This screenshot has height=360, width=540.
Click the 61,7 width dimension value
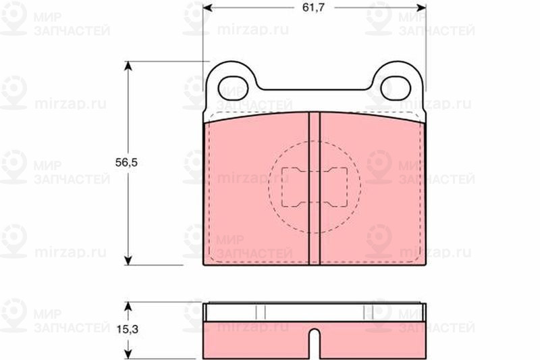pos(313,7)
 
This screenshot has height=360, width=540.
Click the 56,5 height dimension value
pos(126,162)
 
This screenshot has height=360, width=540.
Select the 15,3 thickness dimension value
pos(127,330)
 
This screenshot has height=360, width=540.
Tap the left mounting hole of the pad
pos(233,88)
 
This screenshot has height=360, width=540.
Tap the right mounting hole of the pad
pos(396,88)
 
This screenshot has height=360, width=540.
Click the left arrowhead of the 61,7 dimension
pos(207,7)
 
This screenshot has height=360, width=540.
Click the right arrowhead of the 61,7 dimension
pos(421,7)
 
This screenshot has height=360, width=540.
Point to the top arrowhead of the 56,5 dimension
pos(128,66)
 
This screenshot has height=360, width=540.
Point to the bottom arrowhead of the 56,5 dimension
pos(128,261)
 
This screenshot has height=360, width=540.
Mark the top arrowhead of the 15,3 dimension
pos(128,306)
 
